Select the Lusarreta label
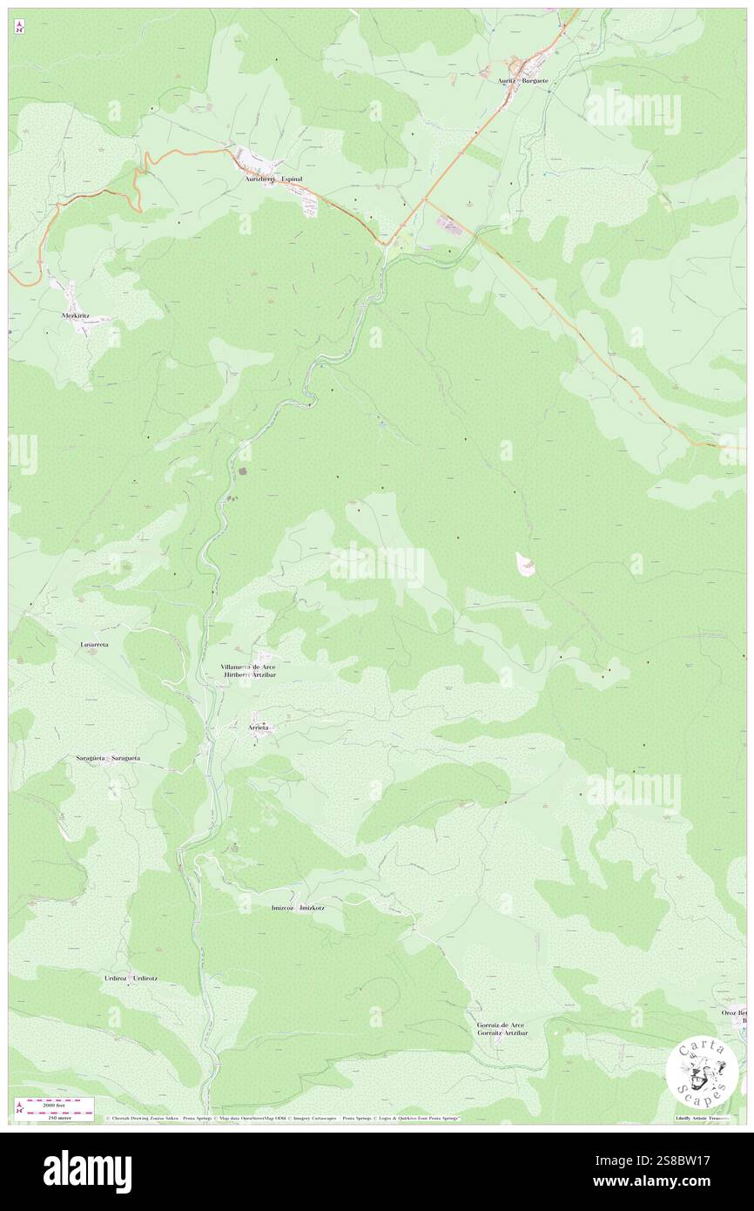point(94,644)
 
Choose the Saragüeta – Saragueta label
point(107,758)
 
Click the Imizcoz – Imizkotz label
point(298,907)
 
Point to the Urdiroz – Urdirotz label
point(131,978)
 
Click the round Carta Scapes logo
point(702,1072)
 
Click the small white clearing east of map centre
point(526,564)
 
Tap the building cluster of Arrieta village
point(258,737)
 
